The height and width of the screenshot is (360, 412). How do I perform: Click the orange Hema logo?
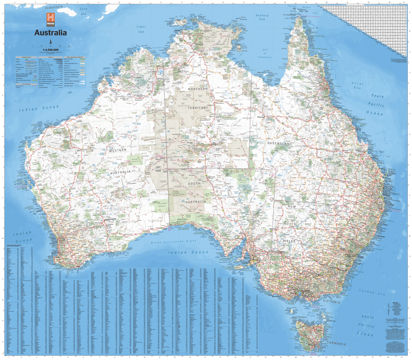pos(51,18)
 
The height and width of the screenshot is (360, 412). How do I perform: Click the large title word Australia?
pos(50,33)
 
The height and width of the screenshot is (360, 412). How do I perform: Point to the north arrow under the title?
pos(51,42)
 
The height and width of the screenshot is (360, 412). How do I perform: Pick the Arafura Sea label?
pos(262,17)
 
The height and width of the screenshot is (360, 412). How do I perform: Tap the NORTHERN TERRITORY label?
pos(198,99)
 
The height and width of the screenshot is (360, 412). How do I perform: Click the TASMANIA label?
pos(336,343)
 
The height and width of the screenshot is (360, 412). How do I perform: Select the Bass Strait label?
pos(311,314)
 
